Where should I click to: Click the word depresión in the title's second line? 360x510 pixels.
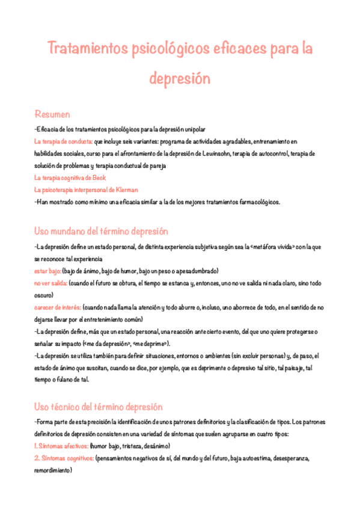coord(180,79)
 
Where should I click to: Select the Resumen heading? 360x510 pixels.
coord(52,114)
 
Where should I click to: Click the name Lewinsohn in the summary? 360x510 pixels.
coord(230,153)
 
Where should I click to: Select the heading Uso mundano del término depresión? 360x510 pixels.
coord(101,232)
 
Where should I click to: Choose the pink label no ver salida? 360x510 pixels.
coord(51,283)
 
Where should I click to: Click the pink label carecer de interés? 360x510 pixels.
coord(58,307)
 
